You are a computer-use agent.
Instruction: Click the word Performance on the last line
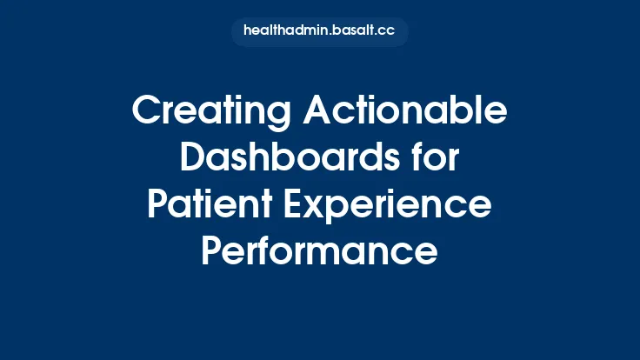319,251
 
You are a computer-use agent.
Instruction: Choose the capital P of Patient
157,206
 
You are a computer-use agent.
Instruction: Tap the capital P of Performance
212,251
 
